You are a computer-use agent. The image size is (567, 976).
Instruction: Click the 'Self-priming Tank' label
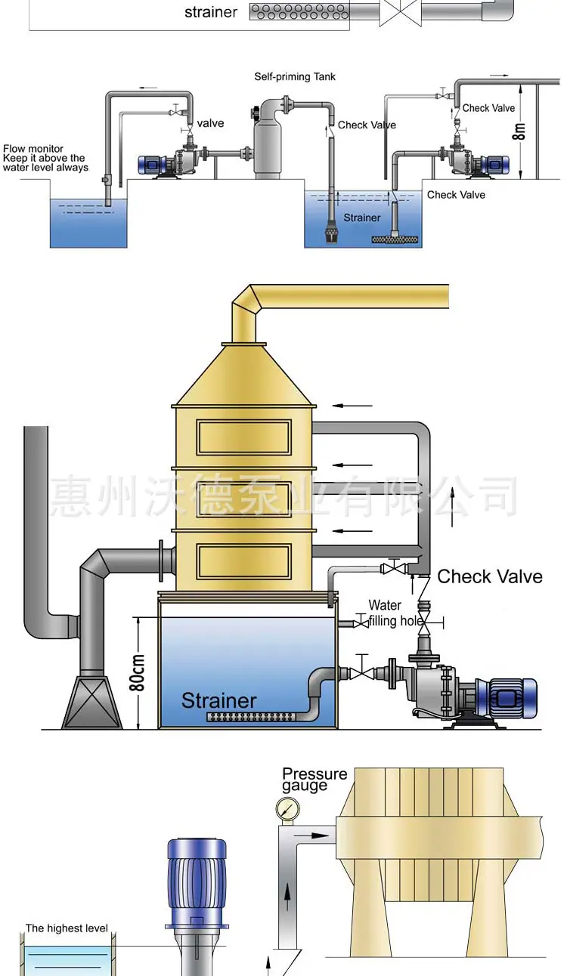[295, 77]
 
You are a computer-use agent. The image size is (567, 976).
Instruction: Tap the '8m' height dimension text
[519, 131]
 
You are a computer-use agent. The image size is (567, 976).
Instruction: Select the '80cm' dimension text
[137, 672]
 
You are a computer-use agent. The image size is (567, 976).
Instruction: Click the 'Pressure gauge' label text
[314, 780]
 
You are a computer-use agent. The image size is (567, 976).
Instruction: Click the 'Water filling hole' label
[395, 613]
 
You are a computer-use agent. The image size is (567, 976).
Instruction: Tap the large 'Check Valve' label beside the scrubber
[490, 576]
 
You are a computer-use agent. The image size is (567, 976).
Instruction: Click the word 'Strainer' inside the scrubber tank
[218, 700]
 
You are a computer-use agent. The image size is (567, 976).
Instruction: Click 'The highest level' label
[67, 928]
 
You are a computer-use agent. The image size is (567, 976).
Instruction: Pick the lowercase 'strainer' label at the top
[211, 12]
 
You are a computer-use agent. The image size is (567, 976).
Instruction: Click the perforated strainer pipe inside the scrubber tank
[252, 717]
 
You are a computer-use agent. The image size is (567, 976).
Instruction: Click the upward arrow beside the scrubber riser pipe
[452, 507]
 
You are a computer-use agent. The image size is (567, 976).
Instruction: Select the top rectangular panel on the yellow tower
[243, 437]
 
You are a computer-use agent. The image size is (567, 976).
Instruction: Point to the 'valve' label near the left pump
[210, 123]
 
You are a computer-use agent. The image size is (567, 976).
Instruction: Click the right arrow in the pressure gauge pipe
[311, 835]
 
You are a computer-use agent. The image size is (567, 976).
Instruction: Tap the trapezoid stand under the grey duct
[92, 702]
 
